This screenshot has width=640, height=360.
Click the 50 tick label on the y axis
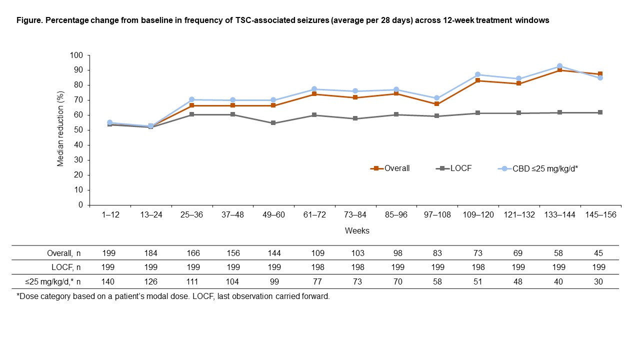(78, 130)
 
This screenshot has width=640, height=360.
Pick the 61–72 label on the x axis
(314, 214)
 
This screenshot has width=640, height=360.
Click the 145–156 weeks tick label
(599, 214)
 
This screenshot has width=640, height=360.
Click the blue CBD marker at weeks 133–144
(559, 66)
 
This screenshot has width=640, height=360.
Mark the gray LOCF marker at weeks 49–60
(273, 123)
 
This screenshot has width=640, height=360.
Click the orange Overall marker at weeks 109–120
(477, 80)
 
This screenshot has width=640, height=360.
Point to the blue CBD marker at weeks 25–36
(191, 99)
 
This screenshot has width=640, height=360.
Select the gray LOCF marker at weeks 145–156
(600, 112)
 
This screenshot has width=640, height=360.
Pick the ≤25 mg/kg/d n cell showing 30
(599, 281)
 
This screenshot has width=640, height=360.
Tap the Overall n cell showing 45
(599, 252)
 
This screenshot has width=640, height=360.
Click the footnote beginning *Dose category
(173, 296)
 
